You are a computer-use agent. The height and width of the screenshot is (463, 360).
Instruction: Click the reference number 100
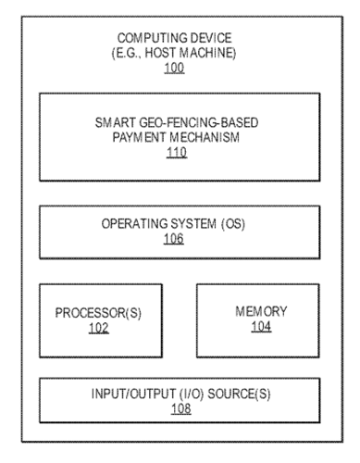tap(176, 69)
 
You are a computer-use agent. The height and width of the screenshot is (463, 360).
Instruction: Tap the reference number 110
tap(176, 153)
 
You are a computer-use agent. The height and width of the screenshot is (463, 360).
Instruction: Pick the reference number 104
tap(261, 327)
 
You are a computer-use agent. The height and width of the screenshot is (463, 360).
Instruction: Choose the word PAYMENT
tap(143, 136)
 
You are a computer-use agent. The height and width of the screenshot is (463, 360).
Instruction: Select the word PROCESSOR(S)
tap(100, 312)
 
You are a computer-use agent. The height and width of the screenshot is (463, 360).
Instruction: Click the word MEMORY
tap(261, 311)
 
